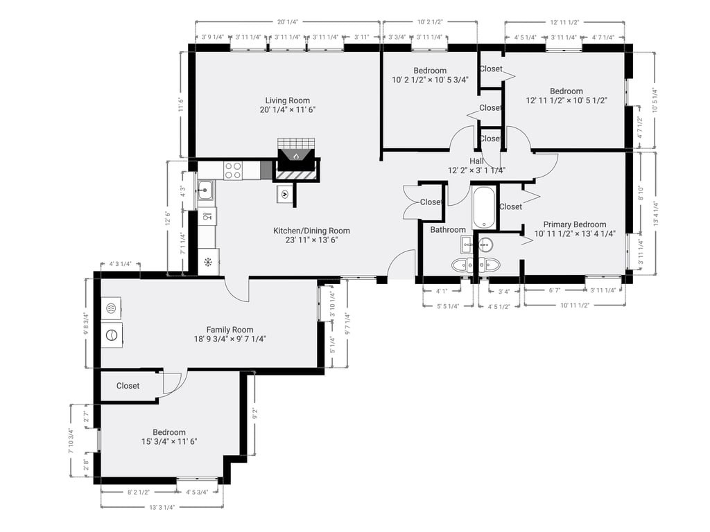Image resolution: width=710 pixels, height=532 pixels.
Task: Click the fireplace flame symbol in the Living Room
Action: [296, 156]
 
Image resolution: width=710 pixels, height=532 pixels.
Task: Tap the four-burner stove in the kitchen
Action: [233, 170]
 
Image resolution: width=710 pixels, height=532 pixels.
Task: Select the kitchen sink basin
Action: [206, 189]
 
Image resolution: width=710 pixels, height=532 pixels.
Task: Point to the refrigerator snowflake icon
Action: [207, 262]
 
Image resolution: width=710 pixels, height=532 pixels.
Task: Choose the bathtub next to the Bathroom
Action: [483, 206]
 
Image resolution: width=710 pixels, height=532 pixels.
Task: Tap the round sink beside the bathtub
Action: [486, 244]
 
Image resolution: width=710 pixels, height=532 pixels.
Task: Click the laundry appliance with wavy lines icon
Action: [112, 308]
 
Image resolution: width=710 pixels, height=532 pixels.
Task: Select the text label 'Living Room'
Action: [287, 100]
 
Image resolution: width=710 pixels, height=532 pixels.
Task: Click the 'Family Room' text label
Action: [230, 330]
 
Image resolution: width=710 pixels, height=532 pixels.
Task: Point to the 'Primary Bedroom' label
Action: [574, 224]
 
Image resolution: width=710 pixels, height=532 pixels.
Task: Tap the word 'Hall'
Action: [476, 161]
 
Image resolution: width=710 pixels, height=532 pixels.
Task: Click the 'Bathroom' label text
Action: [448, 230]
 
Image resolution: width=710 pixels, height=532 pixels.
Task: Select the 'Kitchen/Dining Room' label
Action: [311, 231]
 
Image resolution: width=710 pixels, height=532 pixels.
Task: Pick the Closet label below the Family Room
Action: [128, 386]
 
